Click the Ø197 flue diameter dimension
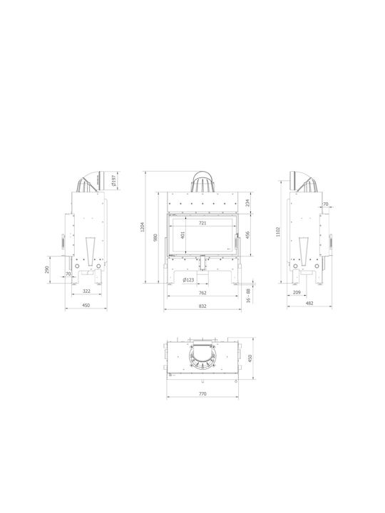click(113, 180)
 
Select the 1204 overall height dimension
click(142, 227)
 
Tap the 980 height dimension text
click(155, 237)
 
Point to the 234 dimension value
click(247, 203)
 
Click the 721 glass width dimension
click(203, 223)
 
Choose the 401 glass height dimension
click(183, 235)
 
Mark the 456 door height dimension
click(247, 235)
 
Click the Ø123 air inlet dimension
click(188, 280)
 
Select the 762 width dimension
click(203, 293)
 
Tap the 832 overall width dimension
click(203, 306)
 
